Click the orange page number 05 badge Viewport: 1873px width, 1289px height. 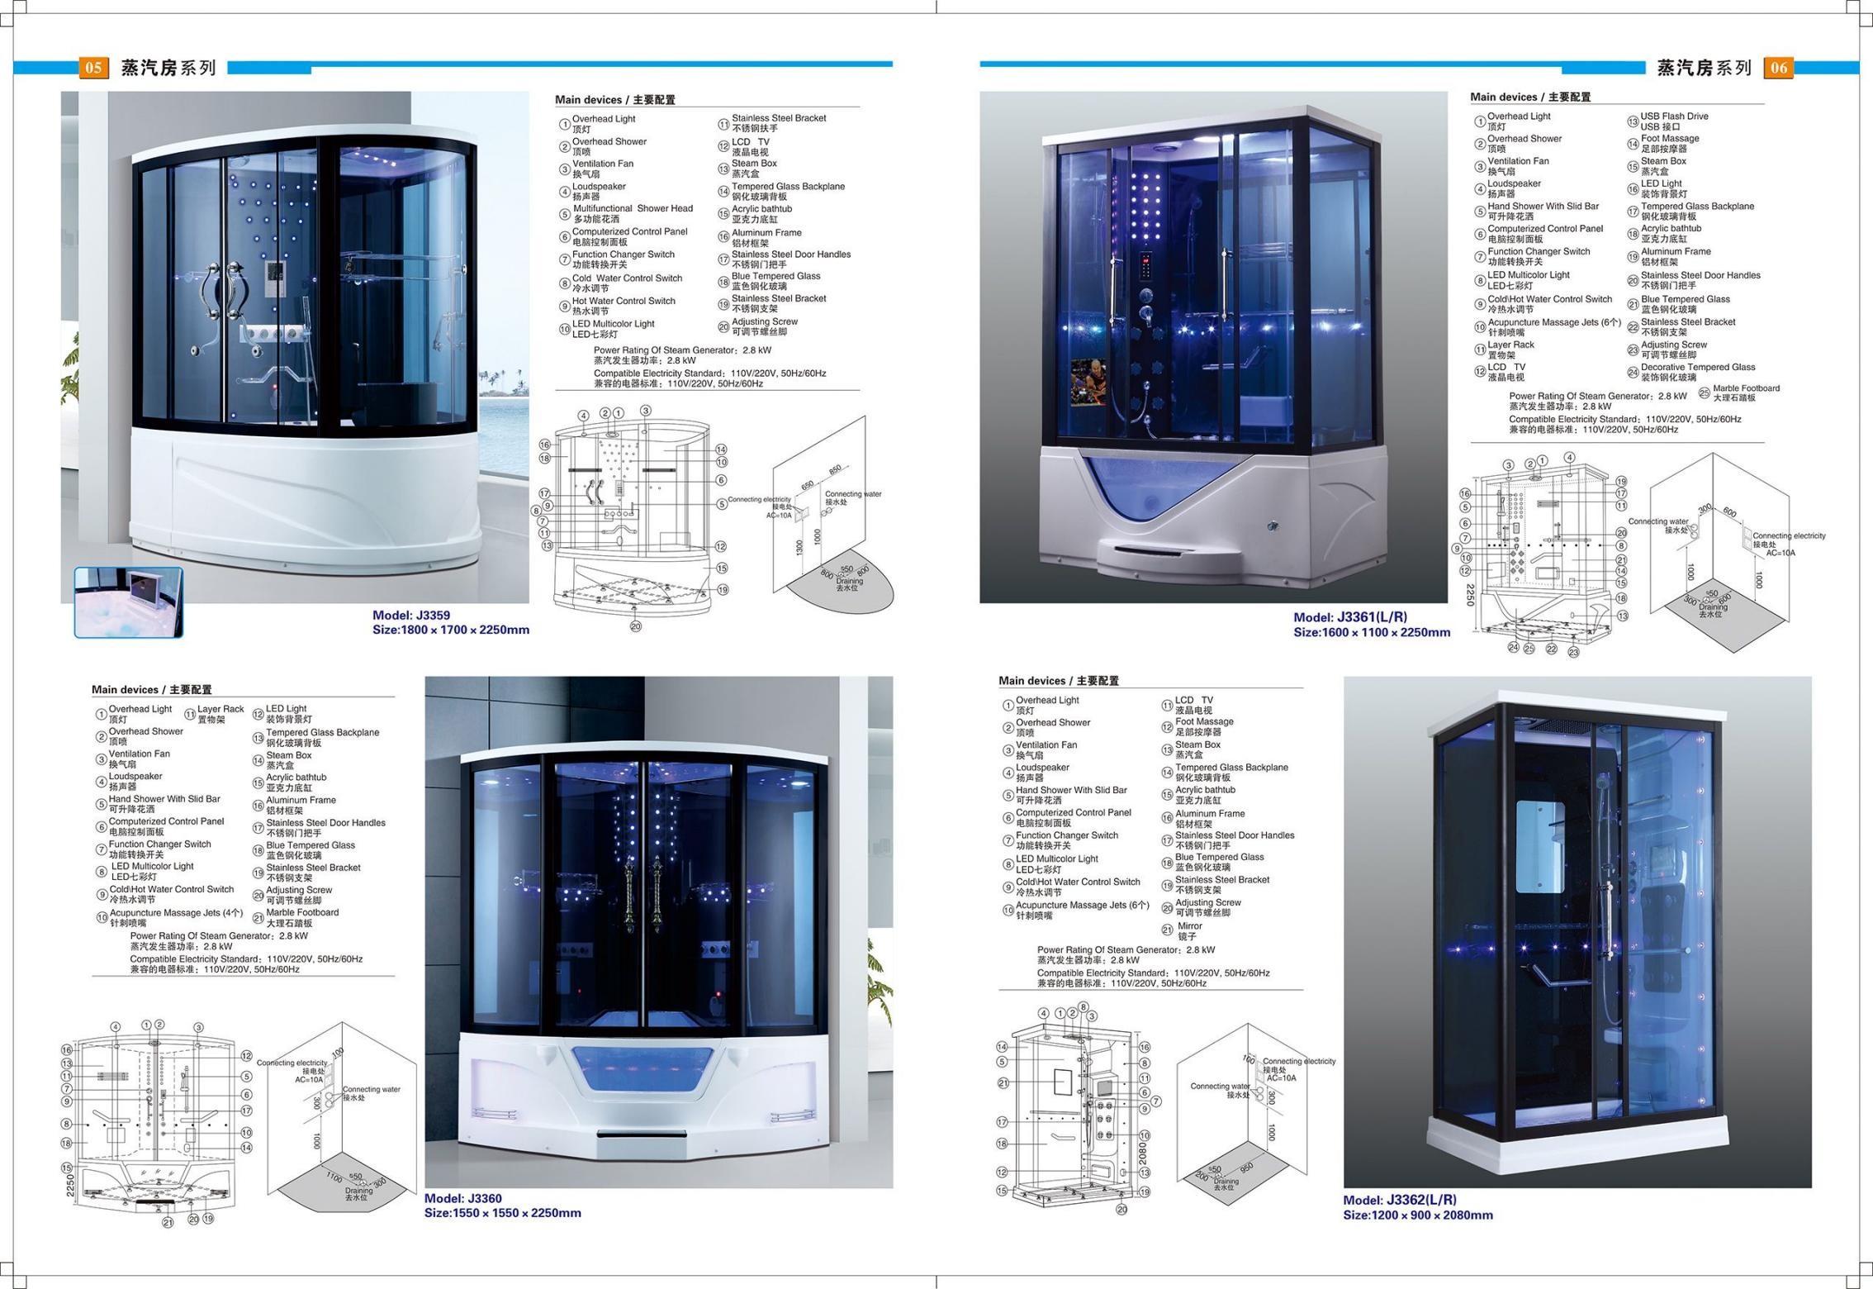coord(92,68)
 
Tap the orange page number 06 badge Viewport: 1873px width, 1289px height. coord(1779,68)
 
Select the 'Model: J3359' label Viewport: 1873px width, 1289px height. coord(410,616)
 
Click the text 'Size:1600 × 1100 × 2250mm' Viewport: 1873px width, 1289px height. coord(1372,633)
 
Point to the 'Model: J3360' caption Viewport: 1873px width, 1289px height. coord(462,1199)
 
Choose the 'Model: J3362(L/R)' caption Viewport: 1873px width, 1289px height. coord(1400,1201)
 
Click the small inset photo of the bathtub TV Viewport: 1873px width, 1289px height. coord(129,602)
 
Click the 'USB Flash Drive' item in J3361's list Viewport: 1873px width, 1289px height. coord(1674,117)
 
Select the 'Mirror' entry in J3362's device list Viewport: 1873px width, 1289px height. coord(1189,926)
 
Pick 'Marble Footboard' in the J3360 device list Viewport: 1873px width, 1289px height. coord(302,913)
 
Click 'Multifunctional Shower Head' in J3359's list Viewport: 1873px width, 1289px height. coord(633,209)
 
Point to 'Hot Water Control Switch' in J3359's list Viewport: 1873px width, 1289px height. coord(624,302)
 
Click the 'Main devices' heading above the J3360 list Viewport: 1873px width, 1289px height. coord(152,690)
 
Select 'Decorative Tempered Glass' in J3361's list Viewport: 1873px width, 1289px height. coord(1698,368)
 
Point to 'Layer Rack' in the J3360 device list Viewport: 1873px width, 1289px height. coord(220,709)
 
